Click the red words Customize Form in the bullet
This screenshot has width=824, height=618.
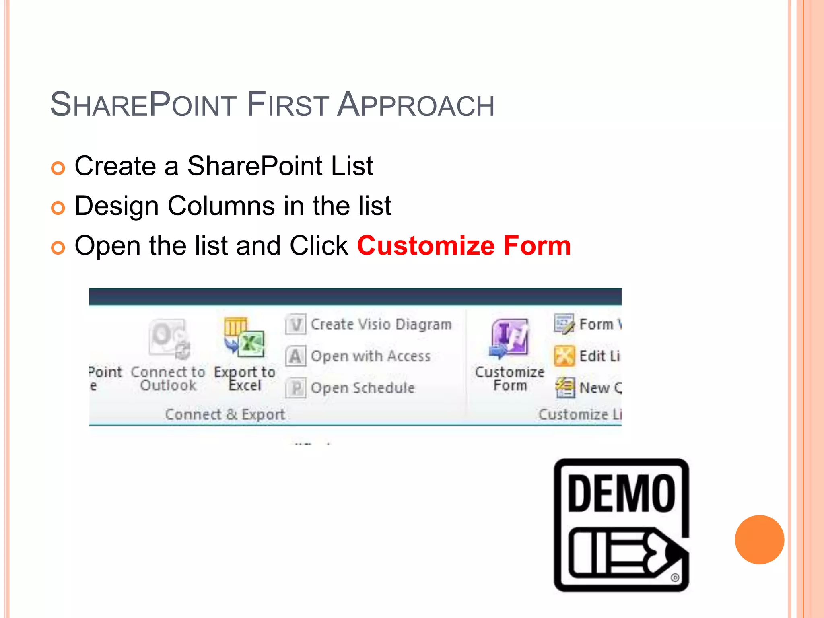pyautogui.click(x=464, y=246)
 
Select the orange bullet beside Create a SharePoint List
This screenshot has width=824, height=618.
pyautogui.click(x=58, y=168)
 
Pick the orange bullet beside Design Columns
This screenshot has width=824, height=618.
pyautogui.click(x=58, y=208)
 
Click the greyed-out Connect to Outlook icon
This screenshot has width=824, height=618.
pyautogui.click(x=169, y=338)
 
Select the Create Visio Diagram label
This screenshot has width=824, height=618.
pyautogui.click(x=381, y=324)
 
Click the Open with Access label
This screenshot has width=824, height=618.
pyautogui.click(x=371, y=356)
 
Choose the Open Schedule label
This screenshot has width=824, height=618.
pyautogui.click(x=363, y=388)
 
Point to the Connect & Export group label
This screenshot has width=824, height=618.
pyautogui.click(x=225, y=414)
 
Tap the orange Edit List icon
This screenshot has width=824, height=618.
pyautogui.click(x=564, y=356)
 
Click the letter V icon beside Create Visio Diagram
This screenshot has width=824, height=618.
pyautogui.click(x=296, y=324)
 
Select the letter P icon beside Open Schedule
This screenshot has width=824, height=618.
pyautogui.click(x=296, y=388)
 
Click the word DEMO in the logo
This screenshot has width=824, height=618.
pyautogui.click(x=621, y=493)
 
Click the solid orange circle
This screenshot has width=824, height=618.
pyautogui.click(x=759, y=540)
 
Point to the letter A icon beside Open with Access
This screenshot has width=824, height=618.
pyautogui.click(x=296, y=356)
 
